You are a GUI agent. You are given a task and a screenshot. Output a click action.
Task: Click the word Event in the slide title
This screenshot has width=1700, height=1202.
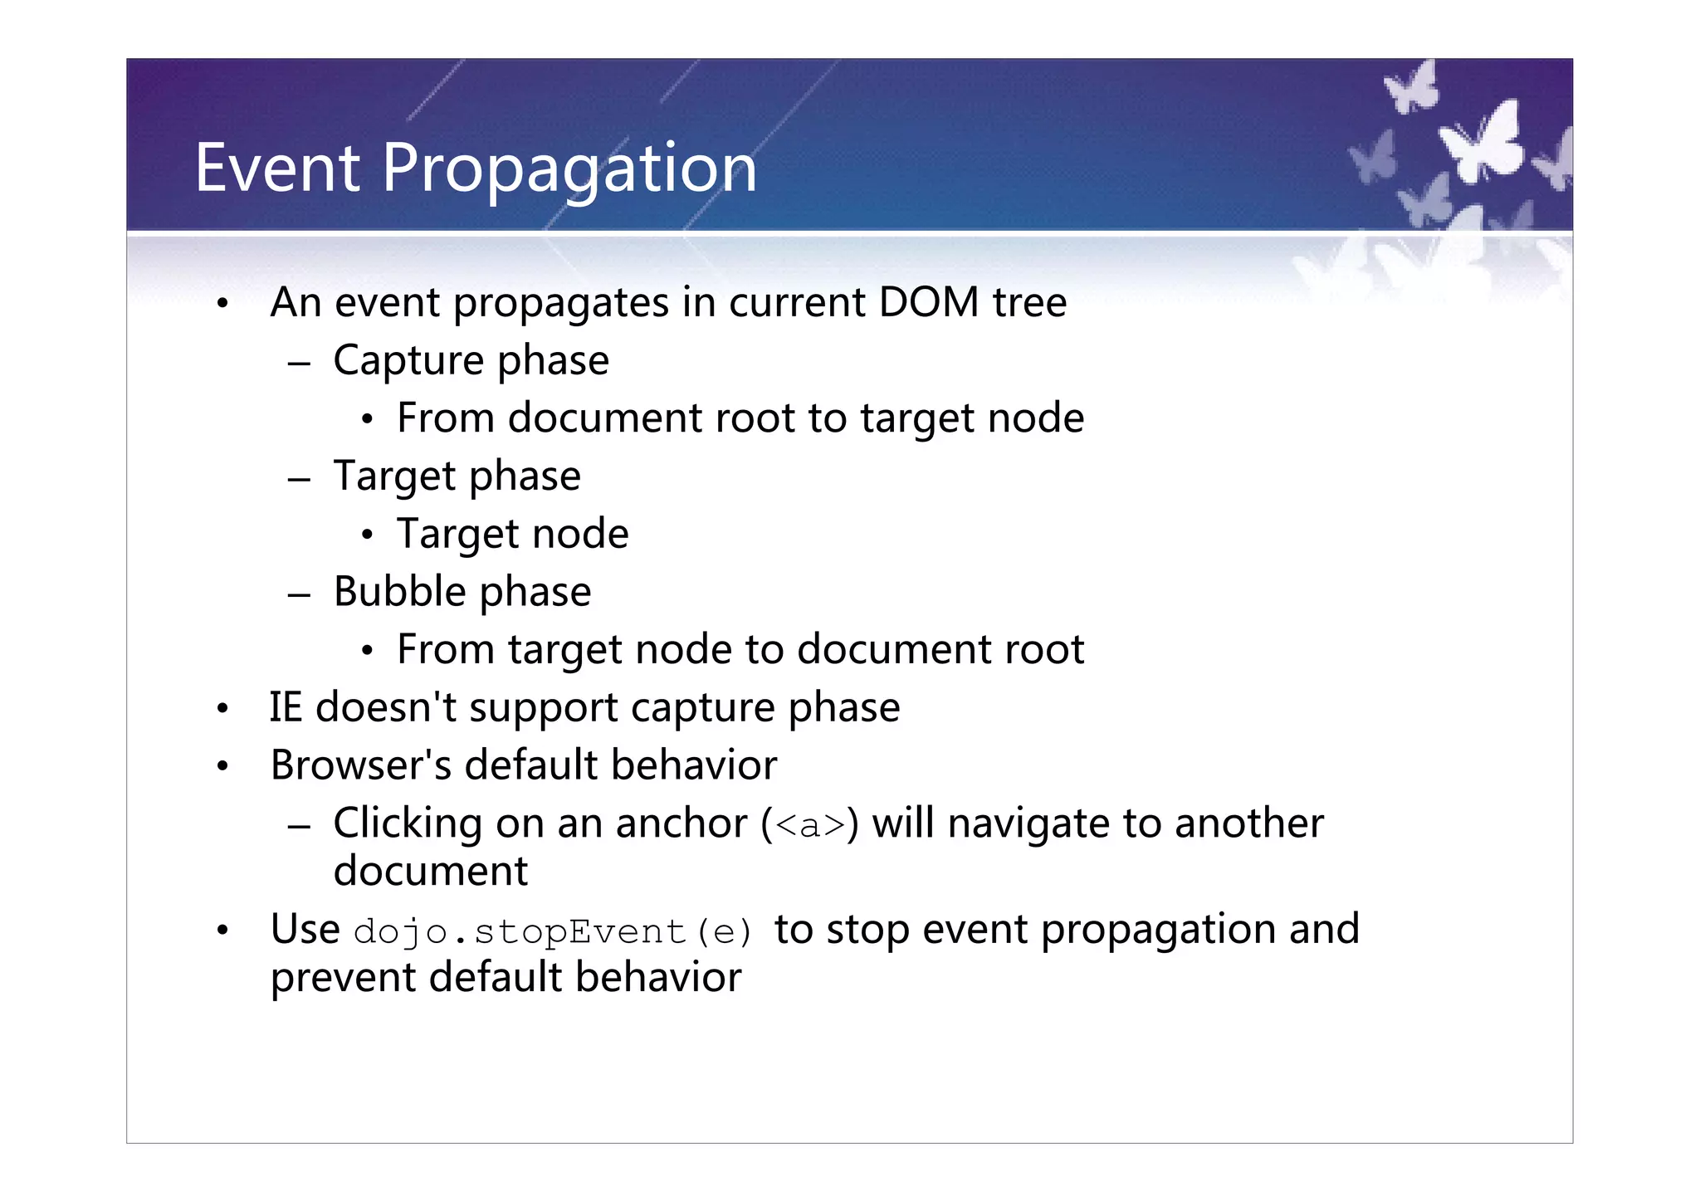(x=277, y=168)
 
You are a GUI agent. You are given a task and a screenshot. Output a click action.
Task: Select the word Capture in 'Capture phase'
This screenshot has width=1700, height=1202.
(x=408, y=361)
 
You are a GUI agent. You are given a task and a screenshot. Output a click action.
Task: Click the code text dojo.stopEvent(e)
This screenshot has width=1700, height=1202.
(x=552, y=931)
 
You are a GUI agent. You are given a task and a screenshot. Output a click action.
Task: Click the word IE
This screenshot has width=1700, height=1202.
(x=286, y=707)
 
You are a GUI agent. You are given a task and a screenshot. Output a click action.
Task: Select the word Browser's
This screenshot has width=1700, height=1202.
(x=360, y=765)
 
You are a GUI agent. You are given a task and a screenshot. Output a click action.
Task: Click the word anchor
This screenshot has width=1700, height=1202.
(x=681, y=823)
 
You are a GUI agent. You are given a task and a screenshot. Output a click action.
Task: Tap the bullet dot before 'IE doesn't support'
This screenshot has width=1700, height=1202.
(x=222, y=710)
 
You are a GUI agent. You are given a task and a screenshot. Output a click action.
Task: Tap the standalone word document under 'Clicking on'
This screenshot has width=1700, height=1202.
(x=430, y=871)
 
